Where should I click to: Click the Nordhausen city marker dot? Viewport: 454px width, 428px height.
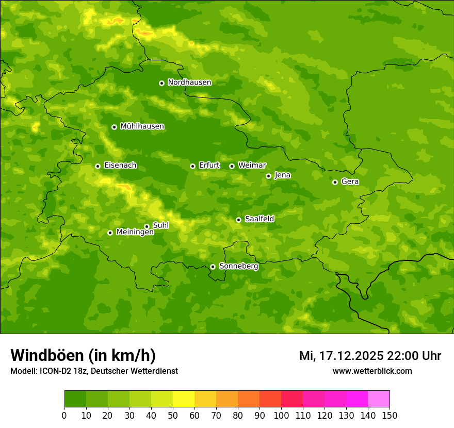(161, 83)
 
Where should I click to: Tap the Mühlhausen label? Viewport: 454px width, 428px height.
(142, 126)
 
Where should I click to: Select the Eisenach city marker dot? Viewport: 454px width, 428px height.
(98, 166)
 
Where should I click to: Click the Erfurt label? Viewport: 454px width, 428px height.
(209, 166)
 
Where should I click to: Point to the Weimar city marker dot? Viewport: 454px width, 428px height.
(232, 166)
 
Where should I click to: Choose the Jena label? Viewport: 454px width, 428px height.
(282, 175)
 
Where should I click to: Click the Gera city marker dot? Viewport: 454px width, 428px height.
(335, 182)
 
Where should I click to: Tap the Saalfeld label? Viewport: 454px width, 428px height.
(259, 219)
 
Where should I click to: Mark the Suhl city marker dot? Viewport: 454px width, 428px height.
(147, 226)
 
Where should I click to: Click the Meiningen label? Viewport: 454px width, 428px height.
(135, 233)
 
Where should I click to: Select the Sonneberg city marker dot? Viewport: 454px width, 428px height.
(213, 267)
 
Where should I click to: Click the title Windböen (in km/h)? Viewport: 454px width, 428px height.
(83, 355)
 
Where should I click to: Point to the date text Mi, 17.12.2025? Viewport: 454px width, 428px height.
(340, 356)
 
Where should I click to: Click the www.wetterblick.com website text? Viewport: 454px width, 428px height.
(372, 371)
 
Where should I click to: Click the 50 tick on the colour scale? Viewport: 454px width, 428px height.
(173, 415)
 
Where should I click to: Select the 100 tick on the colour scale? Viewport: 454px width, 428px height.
(281, 415)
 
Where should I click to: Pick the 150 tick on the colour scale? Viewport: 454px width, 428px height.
(390, 415)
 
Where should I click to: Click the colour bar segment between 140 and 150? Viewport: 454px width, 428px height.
(379, 399)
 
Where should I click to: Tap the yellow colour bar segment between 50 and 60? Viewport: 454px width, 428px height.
(184, 399)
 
